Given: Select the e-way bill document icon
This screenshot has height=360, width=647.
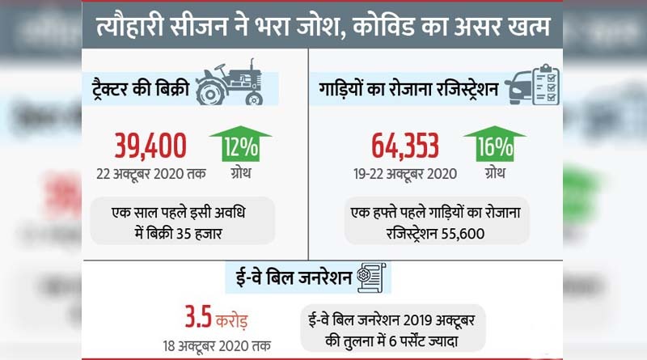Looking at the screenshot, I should [x=372, y=277].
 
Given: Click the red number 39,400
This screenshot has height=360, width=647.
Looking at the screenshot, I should [x=150, y=146].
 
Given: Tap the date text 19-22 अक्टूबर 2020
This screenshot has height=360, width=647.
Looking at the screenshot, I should [x=405, y=173].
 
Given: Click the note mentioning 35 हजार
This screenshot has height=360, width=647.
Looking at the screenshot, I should [x=180, y=221].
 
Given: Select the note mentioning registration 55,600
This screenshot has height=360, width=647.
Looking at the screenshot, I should [x=437, y=221].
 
